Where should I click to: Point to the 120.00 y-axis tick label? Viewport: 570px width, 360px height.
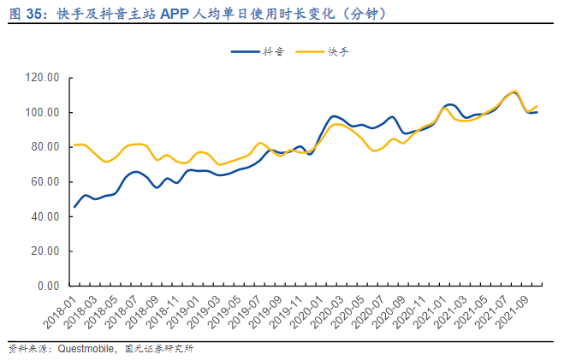(x=41, y=78)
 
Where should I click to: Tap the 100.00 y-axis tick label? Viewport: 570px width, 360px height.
(x=41, y=113)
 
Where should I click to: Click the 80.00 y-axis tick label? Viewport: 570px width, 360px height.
(x=44, y=147)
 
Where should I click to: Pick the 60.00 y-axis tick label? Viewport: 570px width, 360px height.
(x=44, y=182)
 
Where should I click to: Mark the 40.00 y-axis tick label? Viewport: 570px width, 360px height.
(x=44, y=216)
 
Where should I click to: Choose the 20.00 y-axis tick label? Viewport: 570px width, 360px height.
(x=44, y=251)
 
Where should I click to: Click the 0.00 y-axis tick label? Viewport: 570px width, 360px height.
(x=46, y=286)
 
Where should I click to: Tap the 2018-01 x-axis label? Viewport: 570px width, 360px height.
(x=60, y=314)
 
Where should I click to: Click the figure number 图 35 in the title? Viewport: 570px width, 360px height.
(x=24, y=14)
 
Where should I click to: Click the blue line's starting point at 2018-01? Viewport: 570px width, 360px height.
(x=74, y=207)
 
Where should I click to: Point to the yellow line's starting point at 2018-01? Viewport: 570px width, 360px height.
(x=74, y=145)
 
